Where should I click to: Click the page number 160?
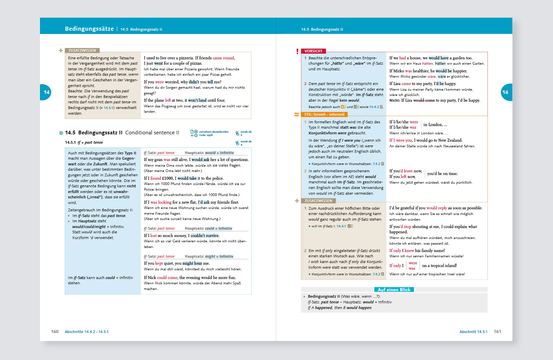55,332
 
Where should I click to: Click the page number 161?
497,332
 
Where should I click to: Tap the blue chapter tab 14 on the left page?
46,92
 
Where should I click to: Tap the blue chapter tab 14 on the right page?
506,92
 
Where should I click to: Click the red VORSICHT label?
313,51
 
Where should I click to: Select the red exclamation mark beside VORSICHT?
297,51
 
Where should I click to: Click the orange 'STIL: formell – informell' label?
324,114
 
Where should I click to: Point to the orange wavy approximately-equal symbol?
296,115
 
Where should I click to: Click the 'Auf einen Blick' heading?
394,290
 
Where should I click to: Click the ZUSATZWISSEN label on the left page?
82,50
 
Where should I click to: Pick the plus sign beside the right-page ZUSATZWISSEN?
297,201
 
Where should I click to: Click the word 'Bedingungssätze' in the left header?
89,29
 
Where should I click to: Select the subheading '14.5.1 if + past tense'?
84,142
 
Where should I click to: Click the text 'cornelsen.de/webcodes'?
214,132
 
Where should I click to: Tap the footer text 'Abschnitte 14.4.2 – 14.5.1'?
87,332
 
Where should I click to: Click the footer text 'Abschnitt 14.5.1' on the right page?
473,332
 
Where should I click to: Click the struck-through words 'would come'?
424,100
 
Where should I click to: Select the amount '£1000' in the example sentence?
168,178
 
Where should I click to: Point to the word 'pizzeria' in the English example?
185,58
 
